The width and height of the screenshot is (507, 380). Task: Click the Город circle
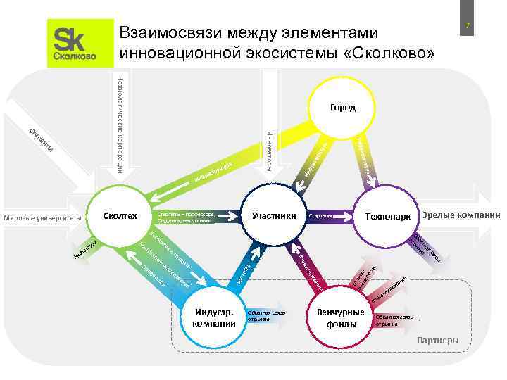coord(342,108)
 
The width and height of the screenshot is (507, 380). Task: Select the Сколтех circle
coord(120,215)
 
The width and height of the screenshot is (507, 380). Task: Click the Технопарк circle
coord(387,215)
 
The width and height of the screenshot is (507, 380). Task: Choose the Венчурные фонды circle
coord(341,318)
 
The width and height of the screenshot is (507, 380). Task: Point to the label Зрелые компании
coord(463,214)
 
